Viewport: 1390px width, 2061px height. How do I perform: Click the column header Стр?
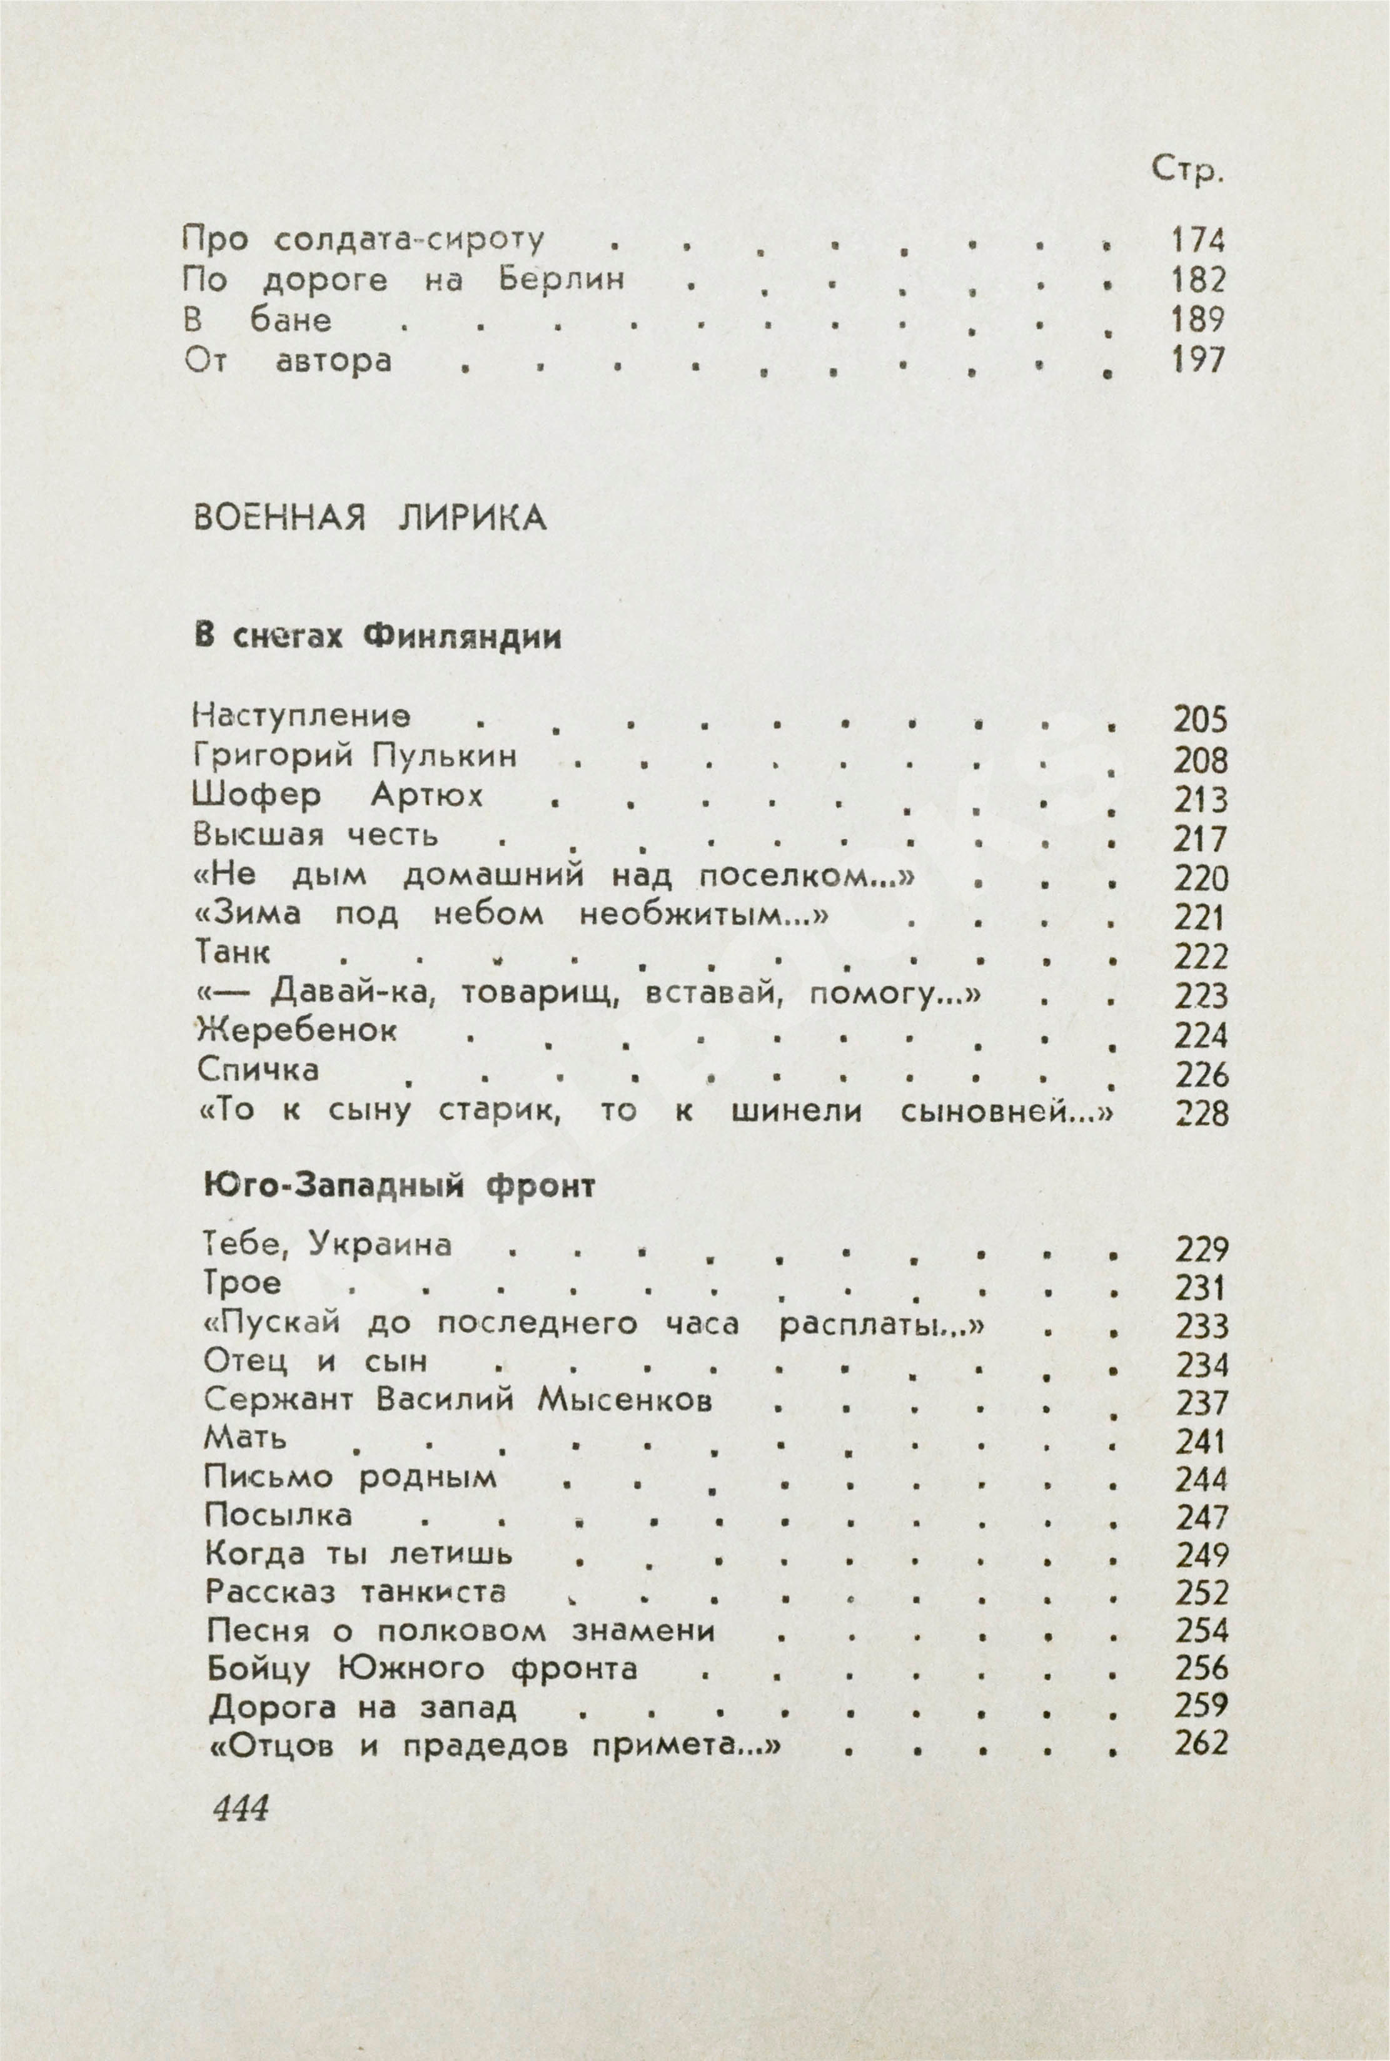coord(1186,171)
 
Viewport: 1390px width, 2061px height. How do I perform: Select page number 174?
coord(1197,240)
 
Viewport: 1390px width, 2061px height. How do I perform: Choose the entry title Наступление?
coord(301,716)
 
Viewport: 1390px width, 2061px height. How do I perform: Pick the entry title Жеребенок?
coord(297,1030)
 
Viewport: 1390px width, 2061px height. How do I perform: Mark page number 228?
coord(1202,1113)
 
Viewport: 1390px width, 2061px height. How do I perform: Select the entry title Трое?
coord(242,1283)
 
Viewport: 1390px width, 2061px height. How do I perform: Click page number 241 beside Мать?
coord(1202,1441)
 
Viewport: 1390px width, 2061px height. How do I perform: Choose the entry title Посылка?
coord(278,1515)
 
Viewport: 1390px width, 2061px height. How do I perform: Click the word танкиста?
coord(433,1592)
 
